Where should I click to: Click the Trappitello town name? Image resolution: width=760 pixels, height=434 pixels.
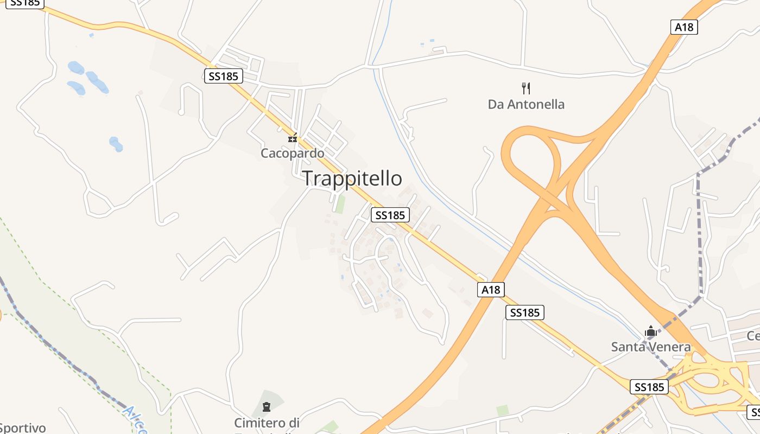(x=352, y=178)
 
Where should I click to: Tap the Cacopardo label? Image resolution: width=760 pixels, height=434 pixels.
(x=293, y=154)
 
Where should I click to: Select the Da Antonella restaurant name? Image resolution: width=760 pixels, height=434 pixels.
(x=526, y=104)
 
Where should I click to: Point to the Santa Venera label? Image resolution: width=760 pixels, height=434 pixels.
(x=651, y=347)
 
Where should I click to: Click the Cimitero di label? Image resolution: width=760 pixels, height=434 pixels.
(x=267, y=423)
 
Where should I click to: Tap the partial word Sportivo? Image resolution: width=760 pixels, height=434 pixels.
(x=22, y=428)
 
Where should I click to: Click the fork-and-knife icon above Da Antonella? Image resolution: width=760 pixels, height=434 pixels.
(x=525, y=88)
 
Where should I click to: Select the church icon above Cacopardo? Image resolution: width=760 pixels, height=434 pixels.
(x=293, y=138)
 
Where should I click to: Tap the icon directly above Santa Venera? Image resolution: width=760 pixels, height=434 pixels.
(x=650, y=331)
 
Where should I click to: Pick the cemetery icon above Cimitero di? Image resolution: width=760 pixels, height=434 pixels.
(x=266, y=406)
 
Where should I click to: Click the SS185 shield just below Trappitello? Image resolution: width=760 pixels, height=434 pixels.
(x=390, y=215)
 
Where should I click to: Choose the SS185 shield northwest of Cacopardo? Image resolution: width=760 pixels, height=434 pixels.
(x=224, y=76)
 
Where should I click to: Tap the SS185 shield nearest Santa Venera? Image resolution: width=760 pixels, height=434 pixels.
(x=649, y=387)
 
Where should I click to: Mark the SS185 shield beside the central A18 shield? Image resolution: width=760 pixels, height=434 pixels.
(x=524, y=312)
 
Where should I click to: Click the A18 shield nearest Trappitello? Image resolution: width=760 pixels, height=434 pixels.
(x=491, y=290)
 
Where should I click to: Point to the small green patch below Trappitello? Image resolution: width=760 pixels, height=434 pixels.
(x=340, y=204)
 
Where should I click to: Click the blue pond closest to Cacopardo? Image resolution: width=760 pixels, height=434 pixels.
(x=116, y=144)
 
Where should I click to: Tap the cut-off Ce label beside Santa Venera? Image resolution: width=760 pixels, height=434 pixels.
(x=753, y=336)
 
